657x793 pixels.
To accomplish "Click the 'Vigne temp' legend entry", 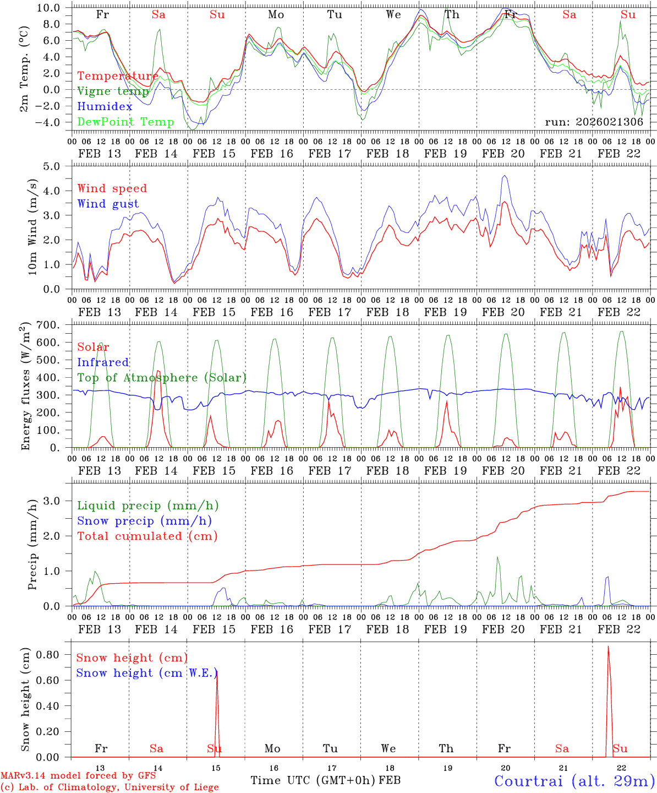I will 113,91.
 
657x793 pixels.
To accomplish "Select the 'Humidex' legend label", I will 105,107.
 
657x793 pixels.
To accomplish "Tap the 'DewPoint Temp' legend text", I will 125,122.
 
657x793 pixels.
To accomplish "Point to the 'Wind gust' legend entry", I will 108,204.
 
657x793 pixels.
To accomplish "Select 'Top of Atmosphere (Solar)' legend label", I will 161,378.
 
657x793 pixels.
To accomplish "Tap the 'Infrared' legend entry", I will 103,362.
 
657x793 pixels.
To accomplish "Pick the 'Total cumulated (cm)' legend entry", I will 147,536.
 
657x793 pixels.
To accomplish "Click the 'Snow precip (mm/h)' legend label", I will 144,521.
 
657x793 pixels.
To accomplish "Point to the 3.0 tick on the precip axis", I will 58,501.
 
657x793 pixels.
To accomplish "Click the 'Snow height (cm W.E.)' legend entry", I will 146,673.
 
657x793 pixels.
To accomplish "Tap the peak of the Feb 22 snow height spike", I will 607,647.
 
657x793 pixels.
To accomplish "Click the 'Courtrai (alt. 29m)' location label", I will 574,781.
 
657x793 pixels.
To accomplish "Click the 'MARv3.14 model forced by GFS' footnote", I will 78,776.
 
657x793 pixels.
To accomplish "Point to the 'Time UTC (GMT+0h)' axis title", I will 313,780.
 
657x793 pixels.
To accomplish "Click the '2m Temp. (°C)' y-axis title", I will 25,67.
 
